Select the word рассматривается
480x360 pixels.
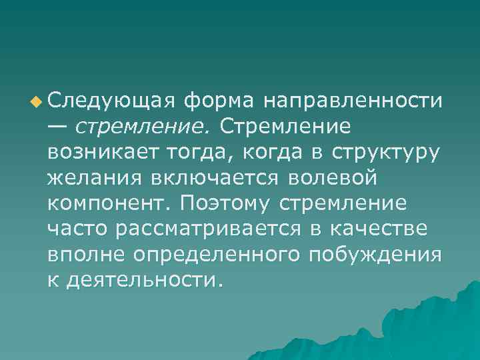click(x=205, y=229)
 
